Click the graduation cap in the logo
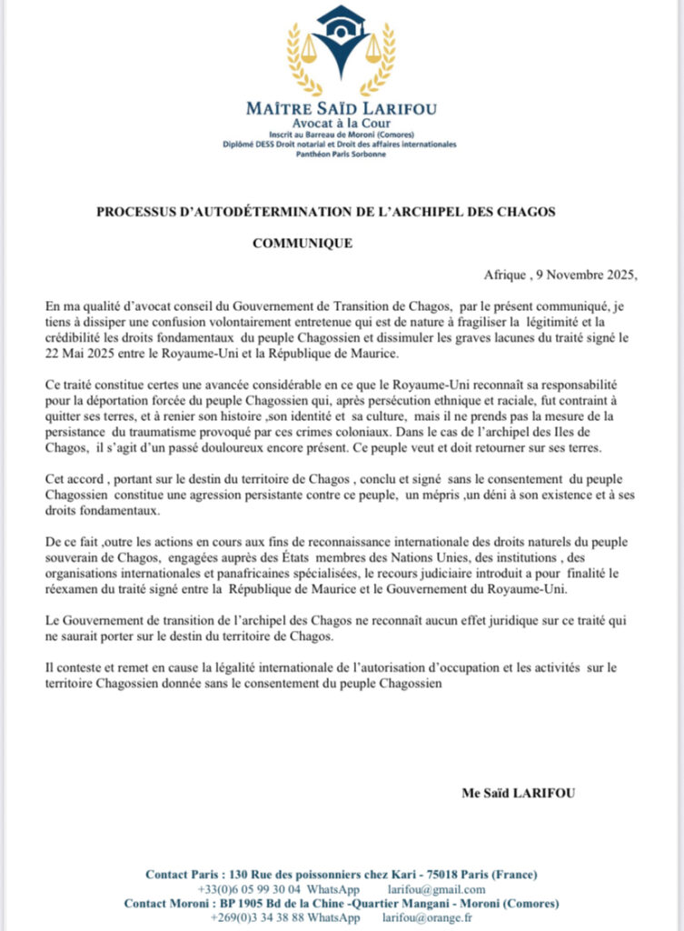(341, 19)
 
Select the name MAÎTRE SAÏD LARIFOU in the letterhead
(341, 109)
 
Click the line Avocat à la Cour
(341, 123)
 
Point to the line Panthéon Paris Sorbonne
(341, 154)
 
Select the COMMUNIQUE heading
(302, 244)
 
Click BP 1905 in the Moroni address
(253, 904)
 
